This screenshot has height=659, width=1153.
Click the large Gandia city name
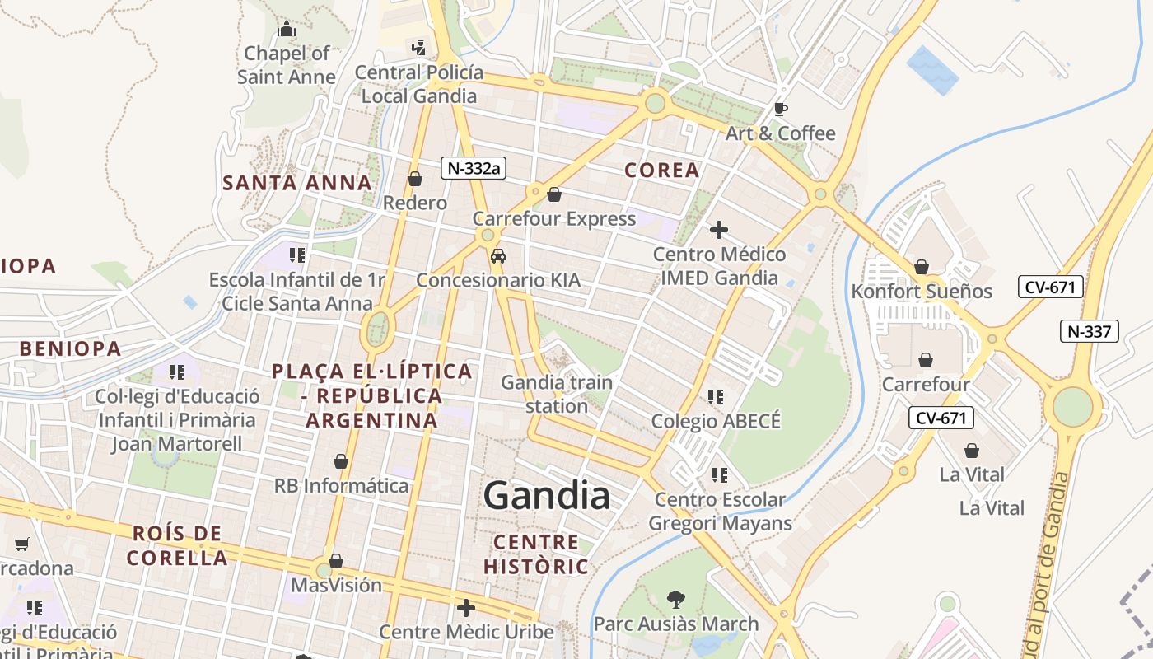click(547, 496)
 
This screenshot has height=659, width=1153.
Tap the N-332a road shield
click(473, 168)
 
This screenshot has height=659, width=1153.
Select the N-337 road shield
click(1089, 332)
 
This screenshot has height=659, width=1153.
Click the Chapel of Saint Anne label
click(287, 65)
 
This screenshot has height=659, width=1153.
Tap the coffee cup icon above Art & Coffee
click(780, 109)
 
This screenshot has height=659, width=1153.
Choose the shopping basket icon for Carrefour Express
click(554, 195)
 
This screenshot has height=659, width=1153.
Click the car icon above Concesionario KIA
click(497, 256)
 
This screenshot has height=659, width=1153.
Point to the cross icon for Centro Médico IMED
click(719, 230)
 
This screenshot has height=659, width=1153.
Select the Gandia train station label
click(557, 394)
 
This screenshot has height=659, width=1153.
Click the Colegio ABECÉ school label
click(715, 421)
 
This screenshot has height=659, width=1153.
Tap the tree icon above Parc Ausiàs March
click(675, 599)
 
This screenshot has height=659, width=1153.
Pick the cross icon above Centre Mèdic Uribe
click(466, 608)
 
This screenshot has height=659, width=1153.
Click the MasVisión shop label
click(336, 585)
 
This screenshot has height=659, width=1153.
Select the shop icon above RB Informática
click(341, 461)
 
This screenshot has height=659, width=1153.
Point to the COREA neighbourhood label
click(662, 171)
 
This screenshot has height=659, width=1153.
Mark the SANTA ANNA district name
click(296, 183)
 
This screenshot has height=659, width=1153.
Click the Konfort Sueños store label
click(922, 291)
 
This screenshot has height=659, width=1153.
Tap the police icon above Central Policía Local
click(419, 47)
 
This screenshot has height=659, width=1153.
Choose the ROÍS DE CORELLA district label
click(177, 545)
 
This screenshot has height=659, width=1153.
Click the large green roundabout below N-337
click(1072, 406)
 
